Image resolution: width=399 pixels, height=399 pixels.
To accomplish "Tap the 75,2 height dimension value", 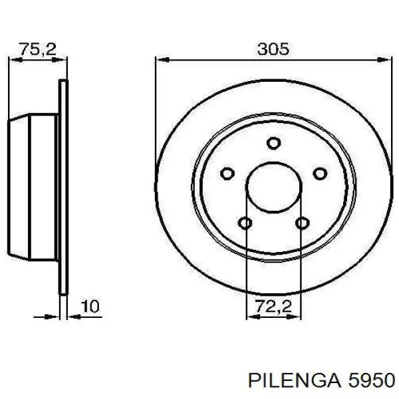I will click(x=37, y=49).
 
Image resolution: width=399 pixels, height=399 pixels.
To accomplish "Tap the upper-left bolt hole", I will click(x=227, y=174).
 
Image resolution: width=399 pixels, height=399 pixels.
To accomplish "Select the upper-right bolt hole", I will click(x=320, y=174).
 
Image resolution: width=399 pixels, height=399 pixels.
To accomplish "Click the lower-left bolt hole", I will click(x=245, y=223).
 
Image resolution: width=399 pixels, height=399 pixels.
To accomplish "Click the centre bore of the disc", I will click(x=273, y=188).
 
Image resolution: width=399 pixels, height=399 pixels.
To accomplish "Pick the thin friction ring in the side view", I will click(x=64, y=188).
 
